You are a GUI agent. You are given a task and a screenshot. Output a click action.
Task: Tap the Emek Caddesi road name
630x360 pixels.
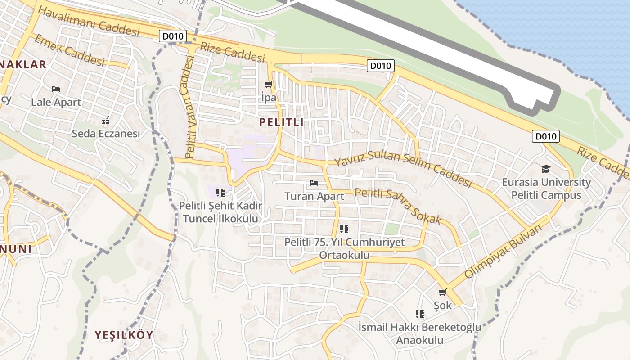(x=69, y=50)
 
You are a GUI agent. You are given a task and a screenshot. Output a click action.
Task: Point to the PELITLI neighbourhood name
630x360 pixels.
(x=281, y=122)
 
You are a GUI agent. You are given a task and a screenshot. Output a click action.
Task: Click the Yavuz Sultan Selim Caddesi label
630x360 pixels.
(x=403, y=168)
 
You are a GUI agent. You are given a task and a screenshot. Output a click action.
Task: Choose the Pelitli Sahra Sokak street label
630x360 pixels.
(x=398, y=207)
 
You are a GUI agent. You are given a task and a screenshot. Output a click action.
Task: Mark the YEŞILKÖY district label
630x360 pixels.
(x=124, y=335)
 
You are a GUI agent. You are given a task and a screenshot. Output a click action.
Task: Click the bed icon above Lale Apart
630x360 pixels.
(x=56, y=89)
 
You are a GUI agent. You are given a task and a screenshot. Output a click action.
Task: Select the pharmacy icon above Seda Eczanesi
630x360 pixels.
(x=106, y=121)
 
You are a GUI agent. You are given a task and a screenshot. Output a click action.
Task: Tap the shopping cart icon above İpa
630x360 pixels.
(x=269, y=85)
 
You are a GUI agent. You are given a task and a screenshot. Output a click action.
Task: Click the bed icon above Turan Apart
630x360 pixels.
(x=314, y=183)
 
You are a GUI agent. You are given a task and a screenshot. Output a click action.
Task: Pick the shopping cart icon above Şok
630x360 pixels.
(x=442, y=292)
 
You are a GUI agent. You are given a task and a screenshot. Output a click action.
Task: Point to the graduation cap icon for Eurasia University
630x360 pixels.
(x=546, y=169)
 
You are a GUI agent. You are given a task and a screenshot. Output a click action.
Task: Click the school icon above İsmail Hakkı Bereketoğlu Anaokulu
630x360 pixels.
(x=420, y=314)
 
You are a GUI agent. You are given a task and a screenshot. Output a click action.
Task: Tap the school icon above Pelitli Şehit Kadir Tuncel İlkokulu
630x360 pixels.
(x=220, y=193)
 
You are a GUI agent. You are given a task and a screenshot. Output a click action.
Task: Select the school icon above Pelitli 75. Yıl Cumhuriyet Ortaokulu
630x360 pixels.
(x=344, y=229)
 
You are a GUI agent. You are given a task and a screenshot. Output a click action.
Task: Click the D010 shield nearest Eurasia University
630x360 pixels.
(x=545, y=136)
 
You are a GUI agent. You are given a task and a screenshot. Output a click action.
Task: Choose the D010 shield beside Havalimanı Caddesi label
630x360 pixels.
(x=172, y=36)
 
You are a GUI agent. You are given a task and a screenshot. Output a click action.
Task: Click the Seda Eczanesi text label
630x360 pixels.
(x=106, y=134)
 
